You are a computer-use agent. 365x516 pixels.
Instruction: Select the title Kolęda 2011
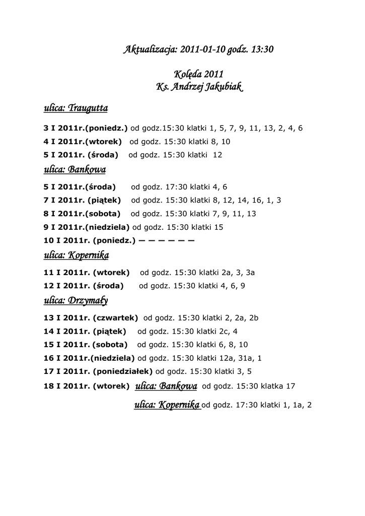[198, 75]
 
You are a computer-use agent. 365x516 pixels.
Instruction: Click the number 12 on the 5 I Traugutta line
[217, 155]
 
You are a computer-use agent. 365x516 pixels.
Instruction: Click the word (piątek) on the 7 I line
[105, 200]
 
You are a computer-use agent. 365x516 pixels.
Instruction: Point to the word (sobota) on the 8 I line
[103, 214]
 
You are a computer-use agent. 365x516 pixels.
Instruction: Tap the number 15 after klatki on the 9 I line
[218, 227]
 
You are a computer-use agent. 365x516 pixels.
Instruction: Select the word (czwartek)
[115, 318]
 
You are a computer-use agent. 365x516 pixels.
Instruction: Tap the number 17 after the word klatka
[290, 386]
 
